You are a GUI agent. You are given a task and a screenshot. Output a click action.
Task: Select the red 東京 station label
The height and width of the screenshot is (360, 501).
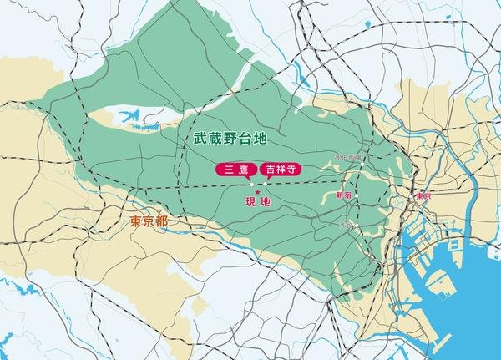pos(423,197)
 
